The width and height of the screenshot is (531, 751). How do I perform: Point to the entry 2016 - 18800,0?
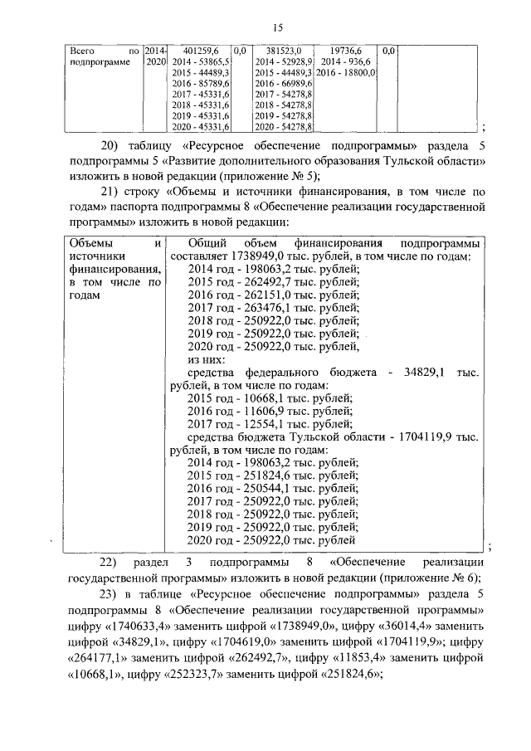[x=346, y=73]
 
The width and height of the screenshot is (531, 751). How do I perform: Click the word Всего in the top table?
[x=80, y=51]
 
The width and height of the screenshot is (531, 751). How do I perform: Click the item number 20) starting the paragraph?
[x=110, y=144]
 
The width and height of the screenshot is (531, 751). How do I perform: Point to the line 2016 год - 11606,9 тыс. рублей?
[x=270, y=411]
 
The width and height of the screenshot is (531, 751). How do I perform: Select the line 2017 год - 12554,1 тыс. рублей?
[x=270, y=425]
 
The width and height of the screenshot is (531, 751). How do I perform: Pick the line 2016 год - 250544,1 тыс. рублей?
[x=274, y=488]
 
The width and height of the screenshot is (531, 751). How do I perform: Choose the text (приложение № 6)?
[x=434, y=578]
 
